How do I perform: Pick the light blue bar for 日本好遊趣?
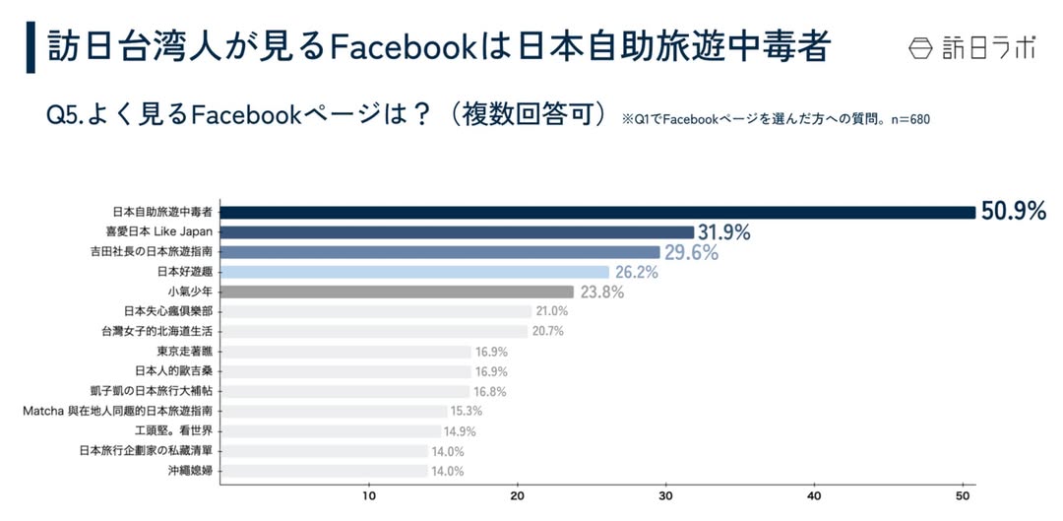[414, 272]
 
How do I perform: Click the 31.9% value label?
[724, 233]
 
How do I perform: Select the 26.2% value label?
[637, 273]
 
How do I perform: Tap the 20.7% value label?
[548, 331]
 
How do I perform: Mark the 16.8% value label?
[492, 391]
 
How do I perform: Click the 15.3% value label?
[467, 411]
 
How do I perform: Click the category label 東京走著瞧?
[184, 352]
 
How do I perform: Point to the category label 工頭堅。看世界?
[173, 430]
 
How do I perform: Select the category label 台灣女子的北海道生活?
[156, 331]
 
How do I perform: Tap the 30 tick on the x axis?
[666, 495]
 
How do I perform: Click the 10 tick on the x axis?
[369, 495]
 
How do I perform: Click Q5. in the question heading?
[67, 115]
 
